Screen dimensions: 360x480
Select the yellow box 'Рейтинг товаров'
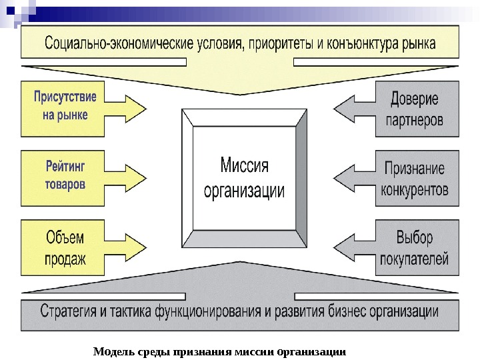pos(64,173)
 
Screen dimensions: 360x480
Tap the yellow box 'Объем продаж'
pos(64,247)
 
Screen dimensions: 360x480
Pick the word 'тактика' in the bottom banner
pos(142,311)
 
